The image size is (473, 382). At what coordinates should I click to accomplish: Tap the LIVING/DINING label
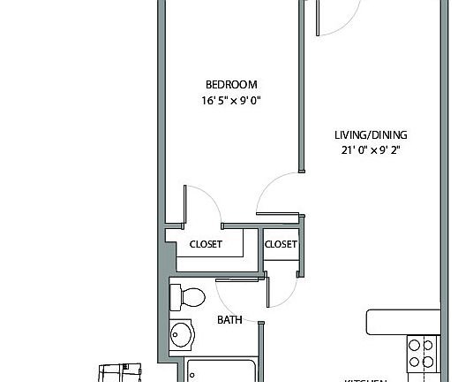tap(371, 135)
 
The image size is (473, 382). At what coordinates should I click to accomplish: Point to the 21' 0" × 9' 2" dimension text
tap(371, 150)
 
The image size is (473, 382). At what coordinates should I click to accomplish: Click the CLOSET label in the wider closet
tap(206, 244)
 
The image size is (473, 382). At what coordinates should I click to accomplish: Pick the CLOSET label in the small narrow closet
tap(281, 244)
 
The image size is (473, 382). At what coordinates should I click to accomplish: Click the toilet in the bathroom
tap(187, 296)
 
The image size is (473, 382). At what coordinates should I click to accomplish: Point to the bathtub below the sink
tap(221, 371)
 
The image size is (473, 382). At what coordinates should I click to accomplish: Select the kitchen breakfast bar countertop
tap(402, 321)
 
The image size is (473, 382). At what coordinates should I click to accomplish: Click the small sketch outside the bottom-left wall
tap(120, 372)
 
